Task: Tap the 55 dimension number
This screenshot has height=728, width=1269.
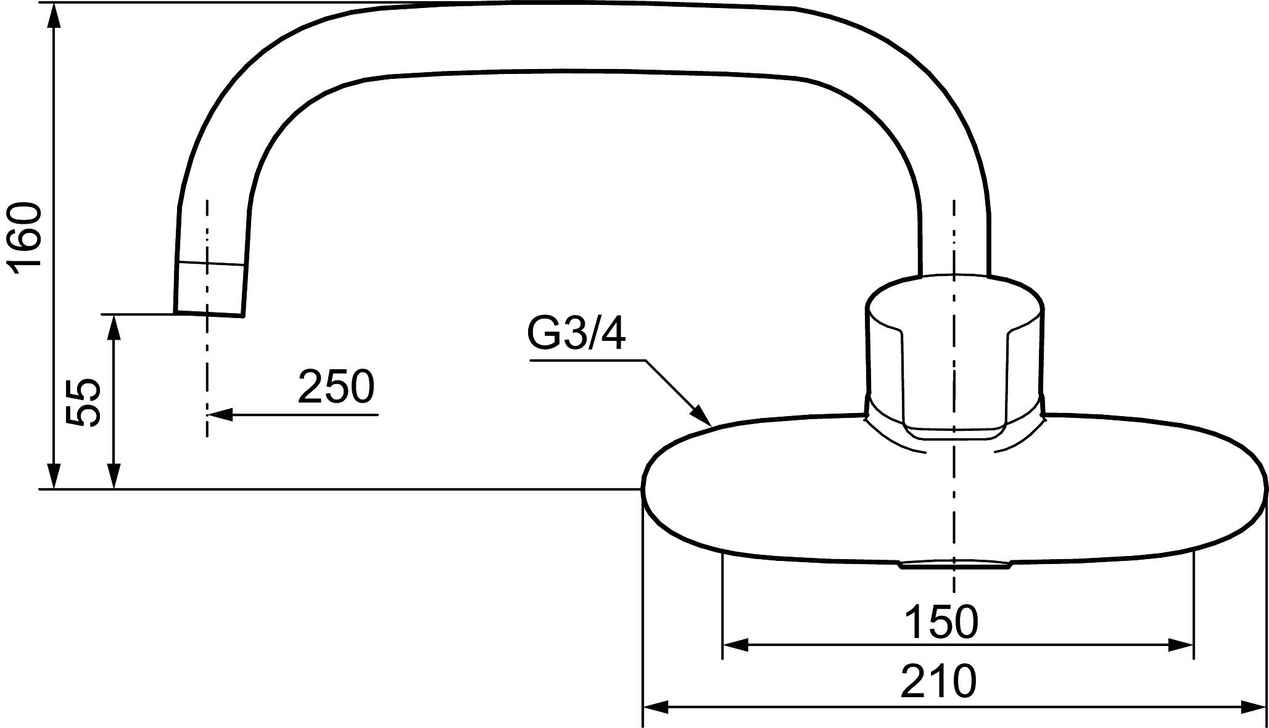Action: click(x=83, y=402)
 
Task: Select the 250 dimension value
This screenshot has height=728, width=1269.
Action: click(x=336, y=387)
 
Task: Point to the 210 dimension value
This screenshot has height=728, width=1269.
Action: click(x=938, y=681)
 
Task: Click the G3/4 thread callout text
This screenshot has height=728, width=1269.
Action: click(x=576, y=333)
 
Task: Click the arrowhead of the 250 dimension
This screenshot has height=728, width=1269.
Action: click(x=220, y=415)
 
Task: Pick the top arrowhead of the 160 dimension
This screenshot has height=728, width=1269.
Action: click(x=54, y=16)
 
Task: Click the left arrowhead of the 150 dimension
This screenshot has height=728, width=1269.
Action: click(x=735, y=645)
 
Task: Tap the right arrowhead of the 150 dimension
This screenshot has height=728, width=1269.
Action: click(x=1180, y=645)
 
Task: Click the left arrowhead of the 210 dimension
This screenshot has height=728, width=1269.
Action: click(x=656, y=706)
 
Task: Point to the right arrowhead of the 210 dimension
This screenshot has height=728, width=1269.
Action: click(x=1252, y=706)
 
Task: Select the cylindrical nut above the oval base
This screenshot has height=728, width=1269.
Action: click(x=954, y=351)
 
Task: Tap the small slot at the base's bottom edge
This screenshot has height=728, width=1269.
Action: click(x=954, y=565)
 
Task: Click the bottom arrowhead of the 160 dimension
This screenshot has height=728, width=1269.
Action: click(x=54, y=476)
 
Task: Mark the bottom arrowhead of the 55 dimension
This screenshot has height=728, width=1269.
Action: click(x=114, y=476)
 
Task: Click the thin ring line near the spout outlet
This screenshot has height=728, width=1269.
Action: click(x=211, y=263)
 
